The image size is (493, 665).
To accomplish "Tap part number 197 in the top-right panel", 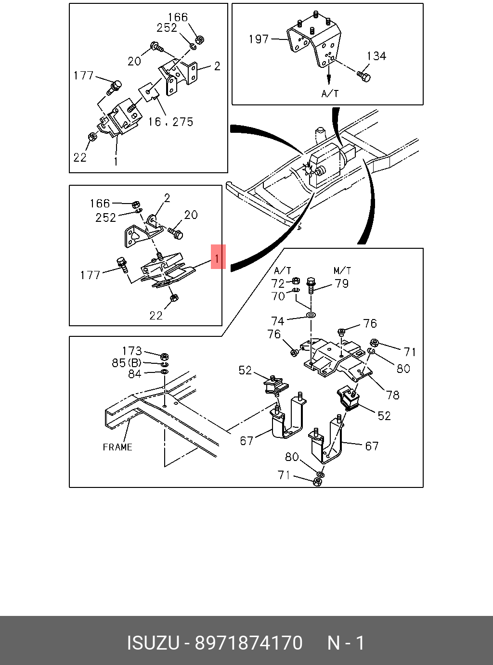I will tap(259, 39).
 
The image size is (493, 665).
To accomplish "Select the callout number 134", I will tap(376, 56).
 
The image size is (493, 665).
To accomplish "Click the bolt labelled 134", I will tap(363, 76).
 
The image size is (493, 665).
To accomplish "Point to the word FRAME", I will tap(117, 447).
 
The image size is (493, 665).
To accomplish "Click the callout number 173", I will tap(132, 351).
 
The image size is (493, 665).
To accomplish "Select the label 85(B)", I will tap(127, 363).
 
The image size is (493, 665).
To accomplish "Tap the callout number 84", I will tap(134, 374).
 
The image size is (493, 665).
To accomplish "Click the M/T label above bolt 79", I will tap(342, 271).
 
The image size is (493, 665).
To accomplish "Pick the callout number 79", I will tap(342, 283).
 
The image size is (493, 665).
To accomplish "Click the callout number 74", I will tap(278, 321).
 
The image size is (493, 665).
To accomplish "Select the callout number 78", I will tap(393, 395).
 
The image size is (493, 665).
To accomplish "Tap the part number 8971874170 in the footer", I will tap(248, 643).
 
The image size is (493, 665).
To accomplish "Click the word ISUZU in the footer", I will tap(153, 643).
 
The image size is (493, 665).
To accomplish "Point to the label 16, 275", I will tap(170, 122).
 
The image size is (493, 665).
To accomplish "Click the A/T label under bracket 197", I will tap(330, 93).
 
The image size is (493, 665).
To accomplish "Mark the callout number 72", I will tap(278, 283).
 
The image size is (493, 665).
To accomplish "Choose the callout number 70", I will tap(278, 296).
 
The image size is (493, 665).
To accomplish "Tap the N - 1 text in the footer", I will tap(346, 643).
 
